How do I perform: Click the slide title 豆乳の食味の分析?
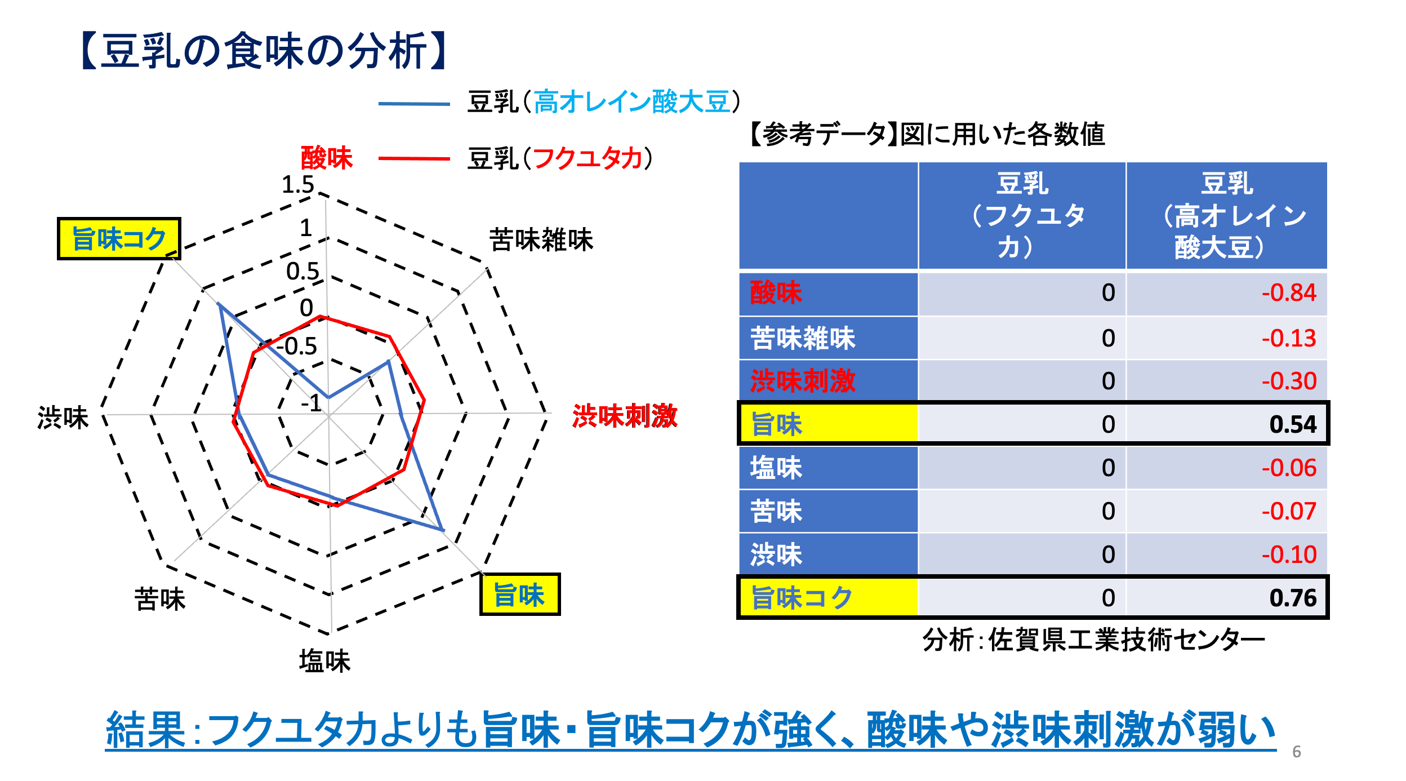[x=264, y=51]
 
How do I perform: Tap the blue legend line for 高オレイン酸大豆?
[x=414, y=104]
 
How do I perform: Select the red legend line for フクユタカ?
[x=414, y=158]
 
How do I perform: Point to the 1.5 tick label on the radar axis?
[x=297, y=184]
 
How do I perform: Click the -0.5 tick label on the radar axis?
[x=296, y=346]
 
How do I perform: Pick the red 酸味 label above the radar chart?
[x=327, y=157]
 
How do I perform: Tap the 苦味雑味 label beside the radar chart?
[x=541, y=239]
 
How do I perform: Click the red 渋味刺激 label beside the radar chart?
[x=625, y=416]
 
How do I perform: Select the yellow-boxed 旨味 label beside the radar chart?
[x=519, y=594]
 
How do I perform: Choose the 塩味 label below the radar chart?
[x=325, y=660]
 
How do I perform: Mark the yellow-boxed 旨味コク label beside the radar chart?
[x=119, y=238]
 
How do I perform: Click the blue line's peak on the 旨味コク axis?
[x=219, y=304]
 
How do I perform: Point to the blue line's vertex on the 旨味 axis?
[x=443, y=530]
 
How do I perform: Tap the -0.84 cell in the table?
[x=1289, y=292]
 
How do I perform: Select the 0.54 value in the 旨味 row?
[x=1293, y=424]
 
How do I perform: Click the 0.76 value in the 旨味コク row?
[x=1293, y=597]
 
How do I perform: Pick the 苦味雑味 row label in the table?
[x=803, y=338]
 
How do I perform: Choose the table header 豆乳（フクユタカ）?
[x=1022, y=215]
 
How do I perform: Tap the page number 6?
[x=1297, y=752]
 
